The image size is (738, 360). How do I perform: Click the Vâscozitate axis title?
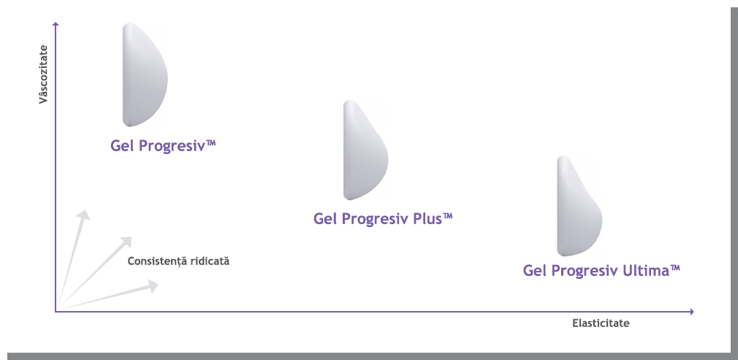tap(45, 74)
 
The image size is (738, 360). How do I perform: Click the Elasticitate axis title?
tap(601, 323)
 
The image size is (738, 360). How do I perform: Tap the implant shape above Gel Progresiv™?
tap(145, 74)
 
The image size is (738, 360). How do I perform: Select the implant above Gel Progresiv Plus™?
tap(365, 150)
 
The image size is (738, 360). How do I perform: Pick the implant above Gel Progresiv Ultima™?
tap(579, 206)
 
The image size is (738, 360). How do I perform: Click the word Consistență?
tap(157, 261)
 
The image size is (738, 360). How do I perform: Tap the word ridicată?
tap(210, 261)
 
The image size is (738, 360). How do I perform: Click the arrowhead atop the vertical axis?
tap(56, 24)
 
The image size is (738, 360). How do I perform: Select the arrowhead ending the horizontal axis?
tap(691, 312)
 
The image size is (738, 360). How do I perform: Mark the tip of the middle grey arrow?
tap(132, 237)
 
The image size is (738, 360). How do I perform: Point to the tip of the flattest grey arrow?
tap(159, 283)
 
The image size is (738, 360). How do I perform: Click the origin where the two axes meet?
tap(56, 311)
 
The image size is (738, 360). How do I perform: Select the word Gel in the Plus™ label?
tap(324, 219)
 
